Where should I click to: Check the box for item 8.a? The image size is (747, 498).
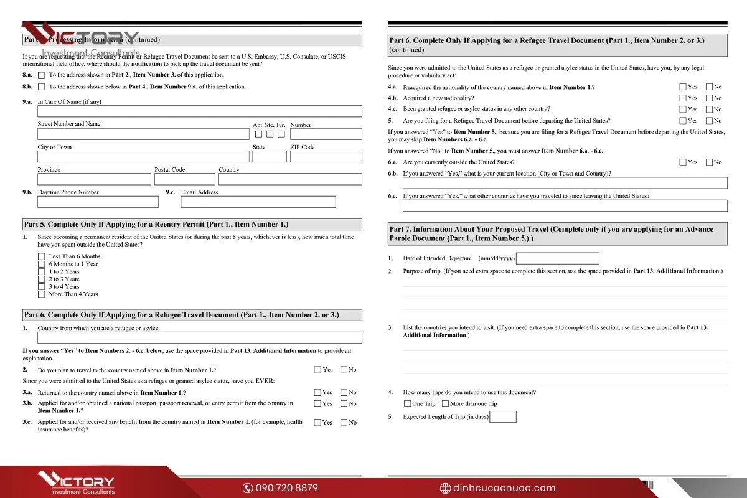coord(41,75)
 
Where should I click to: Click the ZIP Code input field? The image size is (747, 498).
coord(326,156)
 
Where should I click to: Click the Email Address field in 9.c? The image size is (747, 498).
coord(258,202)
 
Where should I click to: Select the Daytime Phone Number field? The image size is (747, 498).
coord(98,202)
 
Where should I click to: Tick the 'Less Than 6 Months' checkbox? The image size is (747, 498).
coord(42,256)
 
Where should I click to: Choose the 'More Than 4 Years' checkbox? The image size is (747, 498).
coord(42,294)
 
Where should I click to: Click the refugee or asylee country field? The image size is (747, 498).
coord(199,338)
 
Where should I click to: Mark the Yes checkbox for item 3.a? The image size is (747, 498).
coord(317,392)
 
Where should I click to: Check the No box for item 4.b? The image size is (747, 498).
coord(709,98)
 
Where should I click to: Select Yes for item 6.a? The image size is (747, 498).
coord(683,162)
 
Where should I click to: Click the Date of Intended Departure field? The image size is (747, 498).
coord(558,258)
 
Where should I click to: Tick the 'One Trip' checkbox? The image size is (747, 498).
coord(408,404)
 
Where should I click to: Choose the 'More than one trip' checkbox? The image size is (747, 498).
coord(445,404)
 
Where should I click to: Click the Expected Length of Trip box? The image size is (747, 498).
coord(503,417)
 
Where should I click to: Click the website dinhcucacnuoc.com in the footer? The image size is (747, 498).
coord(497,488)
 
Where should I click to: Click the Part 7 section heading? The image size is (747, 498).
coord(557,233)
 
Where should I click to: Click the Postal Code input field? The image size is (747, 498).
coord(184,179)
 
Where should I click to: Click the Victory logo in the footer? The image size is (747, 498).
coord(75,483)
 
